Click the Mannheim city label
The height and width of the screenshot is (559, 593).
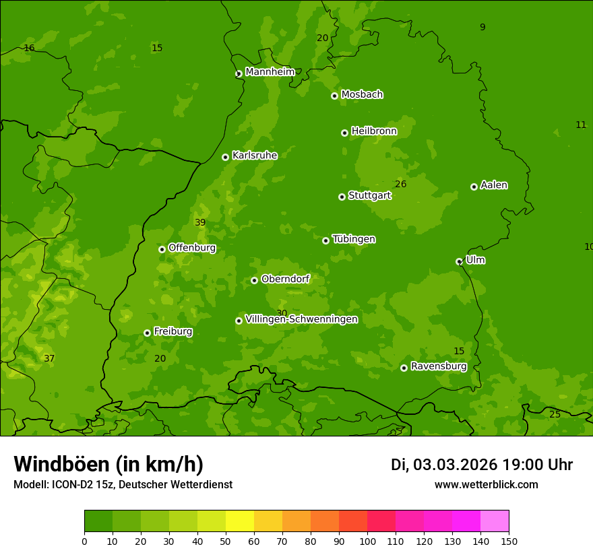point(270,72)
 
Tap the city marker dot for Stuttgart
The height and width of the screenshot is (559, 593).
point(342,197)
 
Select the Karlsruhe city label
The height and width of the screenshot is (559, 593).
point(254,156)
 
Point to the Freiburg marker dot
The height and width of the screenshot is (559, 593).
point(147,333)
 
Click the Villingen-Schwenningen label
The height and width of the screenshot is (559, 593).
point(301,319)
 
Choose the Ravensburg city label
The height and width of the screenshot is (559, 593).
point(438,366)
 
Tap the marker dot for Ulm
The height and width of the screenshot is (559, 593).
point(459,261)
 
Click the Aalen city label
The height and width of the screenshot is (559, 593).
point(494,185)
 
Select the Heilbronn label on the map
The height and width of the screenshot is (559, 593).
point(374,131)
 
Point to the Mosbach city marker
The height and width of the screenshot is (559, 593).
point(334,96)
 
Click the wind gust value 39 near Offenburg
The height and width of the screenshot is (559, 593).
point(200,223)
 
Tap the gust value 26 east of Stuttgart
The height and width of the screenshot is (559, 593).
point(401,185)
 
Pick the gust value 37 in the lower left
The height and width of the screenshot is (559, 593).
point(49,358)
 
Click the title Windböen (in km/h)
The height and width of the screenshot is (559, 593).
point(108,464)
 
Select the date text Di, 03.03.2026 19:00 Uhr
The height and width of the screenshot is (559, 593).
point(481,465)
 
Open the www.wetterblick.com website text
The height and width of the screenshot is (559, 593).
point(486,485)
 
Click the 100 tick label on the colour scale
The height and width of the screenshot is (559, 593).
point(367,541)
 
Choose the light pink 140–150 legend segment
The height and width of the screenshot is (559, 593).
point(495,521)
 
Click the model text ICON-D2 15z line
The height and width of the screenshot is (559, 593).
point(123,485)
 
